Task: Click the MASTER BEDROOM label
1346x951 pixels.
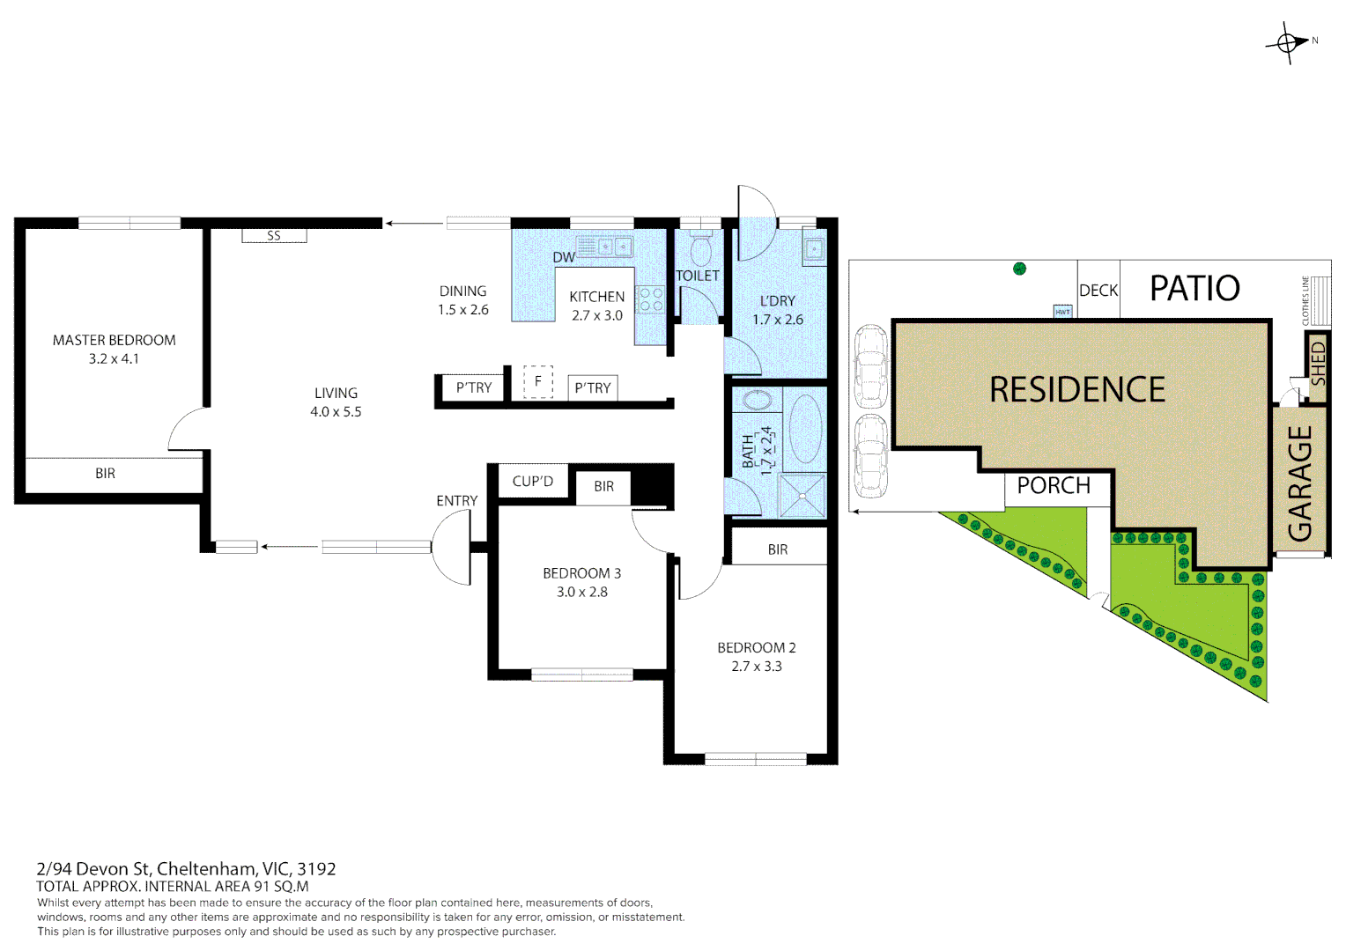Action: (115, 340)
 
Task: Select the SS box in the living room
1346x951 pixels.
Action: (274, 235)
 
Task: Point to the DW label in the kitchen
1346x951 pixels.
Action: (564, 258)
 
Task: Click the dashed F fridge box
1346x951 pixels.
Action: (538, 381)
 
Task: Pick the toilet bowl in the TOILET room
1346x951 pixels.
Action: (700, 248)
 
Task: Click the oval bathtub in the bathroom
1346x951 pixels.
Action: (804, 429)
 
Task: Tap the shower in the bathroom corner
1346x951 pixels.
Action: (802, 496)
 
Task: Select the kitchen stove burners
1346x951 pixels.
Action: (651, 299)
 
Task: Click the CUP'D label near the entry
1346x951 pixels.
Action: (532, 481)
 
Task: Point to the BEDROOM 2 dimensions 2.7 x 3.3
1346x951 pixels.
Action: (757, 667)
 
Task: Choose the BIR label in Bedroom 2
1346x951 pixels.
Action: (778, 549)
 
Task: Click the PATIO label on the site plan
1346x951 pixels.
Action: (1194, 288)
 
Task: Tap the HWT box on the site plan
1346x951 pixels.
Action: (1062, 312)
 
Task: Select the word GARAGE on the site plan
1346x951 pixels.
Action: (1299, 483)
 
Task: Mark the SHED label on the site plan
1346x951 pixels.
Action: (1318, 364)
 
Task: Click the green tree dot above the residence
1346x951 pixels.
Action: (1019, 269)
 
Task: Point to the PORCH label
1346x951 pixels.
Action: (1054, 485)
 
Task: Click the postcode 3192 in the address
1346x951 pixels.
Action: (316, 869)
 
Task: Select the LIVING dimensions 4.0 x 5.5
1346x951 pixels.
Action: (336, 411)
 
